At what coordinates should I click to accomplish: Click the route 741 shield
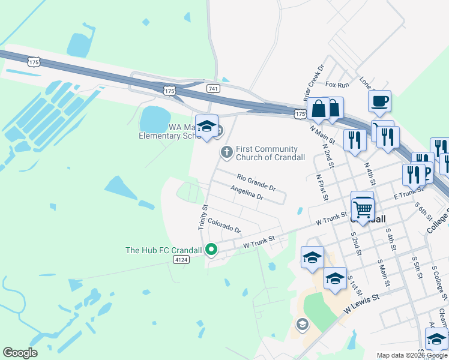212,88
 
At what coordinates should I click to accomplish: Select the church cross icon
226,152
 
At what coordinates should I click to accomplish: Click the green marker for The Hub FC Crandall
211,248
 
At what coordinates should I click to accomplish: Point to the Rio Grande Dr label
256,182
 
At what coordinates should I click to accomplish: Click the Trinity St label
203,217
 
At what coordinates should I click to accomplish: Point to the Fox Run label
337,85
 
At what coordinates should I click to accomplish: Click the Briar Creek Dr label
313,80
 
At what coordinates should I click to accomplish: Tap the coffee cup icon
380,100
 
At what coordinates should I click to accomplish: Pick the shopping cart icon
362,208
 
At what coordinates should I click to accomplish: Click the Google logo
20,353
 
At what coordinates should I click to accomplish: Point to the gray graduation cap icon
302,325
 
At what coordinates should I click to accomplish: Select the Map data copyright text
411,355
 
